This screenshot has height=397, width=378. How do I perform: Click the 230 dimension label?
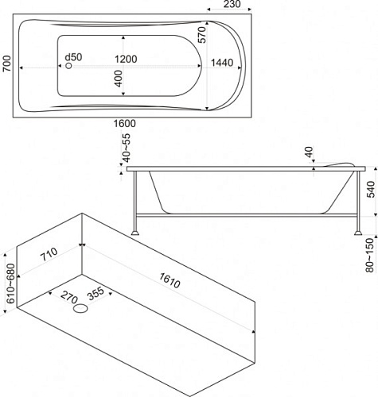point(232,4)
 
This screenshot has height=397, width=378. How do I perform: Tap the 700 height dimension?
point(6,64)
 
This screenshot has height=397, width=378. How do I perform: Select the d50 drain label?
point(73,57)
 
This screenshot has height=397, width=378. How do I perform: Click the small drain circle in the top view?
point(68,65)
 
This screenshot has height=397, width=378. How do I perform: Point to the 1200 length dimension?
point(126,59)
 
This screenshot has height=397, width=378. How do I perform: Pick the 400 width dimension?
point(119,79)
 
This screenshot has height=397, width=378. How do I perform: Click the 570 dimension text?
point(201,35)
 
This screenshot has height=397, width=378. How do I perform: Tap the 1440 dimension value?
point(222,63)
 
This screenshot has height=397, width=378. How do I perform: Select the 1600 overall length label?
point(125,123)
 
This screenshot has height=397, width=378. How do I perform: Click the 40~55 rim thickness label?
point(127,148)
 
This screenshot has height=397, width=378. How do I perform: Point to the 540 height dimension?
point(371,190)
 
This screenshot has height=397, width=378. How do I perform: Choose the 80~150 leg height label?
point(369,255)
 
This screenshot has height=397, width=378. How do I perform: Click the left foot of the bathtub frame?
point(135,233)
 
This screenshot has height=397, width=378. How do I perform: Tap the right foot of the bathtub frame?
point(358,233)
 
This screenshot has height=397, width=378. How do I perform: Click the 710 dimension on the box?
point(49,254)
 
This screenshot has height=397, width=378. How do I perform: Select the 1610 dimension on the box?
point(170,280)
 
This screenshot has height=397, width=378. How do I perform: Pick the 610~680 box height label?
point(11,283)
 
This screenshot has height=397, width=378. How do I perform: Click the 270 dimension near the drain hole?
point(68,298)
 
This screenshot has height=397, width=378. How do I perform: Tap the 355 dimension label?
point(96,294)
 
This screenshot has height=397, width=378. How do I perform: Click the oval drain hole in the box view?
point(80,308)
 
